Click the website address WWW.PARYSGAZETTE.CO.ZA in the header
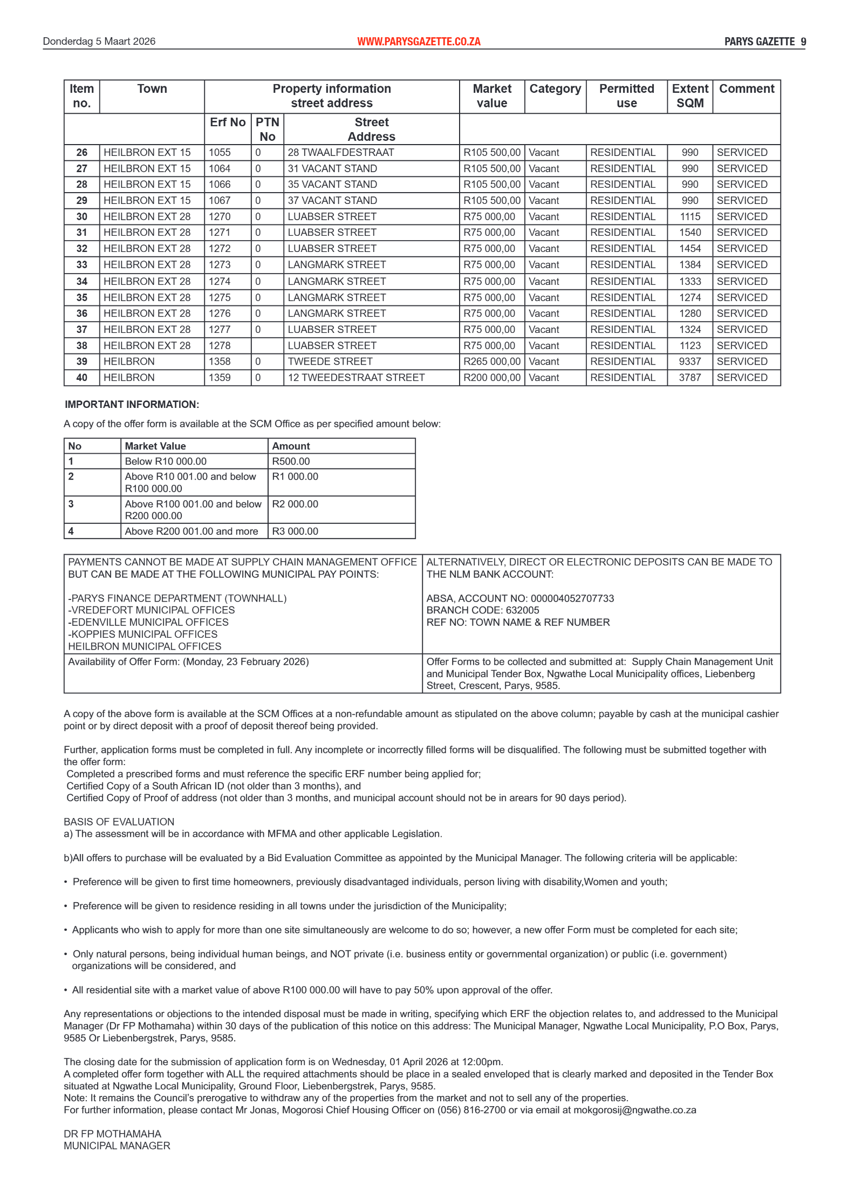tap(418, 42)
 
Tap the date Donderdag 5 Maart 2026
tap(99, 42)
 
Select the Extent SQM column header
tap(689, 96)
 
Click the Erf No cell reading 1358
tap(220, 362)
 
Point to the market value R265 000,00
tap(491, 362)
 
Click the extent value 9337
tap(689, 362)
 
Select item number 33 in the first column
tap(81, 265)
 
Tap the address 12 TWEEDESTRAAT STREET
tap(356, 378)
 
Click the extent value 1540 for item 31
tap(689, 233)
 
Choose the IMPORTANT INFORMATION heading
tap(132, 405)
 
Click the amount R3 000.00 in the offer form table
tap(295, 531)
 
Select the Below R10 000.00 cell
tap(166, 461)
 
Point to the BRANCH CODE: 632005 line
tap(482, 610)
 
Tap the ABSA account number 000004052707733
tap(572, 598)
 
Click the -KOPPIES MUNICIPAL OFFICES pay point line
tap(142, 635)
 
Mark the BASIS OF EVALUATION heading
tap(119, 822)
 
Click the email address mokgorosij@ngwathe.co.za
tap(634, 1110)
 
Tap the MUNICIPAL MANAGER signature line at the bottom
tap(117, 1146)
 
